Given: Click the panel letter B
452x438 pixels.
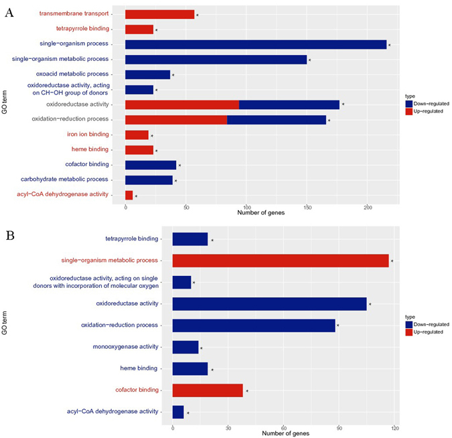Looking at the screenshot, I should [x=9, y=235].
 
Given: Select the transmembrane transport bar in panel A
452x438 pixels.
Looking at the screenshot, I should [x=159, y=14].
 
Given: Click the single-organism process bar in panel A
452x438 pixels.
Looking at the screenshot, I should [x=256, y=44].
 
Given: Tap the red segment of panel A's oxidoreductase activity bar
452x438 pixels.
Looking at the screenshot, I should [x=181, y=104].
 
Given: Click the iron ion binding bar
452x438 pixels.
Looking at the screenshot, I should [x=137, y=135].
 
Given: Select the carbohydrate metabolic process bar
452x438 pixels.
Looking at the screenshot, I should [x=149, y=179].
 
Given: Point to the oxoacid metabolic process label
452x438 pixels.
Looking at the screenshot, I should [x=74, y=74].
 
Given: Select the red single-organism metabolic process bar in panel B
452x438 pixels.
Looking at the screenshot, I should [x=281, y=261].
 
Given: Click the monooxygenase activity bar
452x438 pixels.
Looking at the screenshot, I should [x=185, y=346].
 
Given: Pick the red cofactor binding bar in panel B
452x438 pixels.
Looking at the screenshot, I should [x=208, y=389].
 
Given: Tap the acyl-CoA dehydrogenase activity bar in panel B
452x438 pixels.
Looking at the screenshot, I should [x=178, y=411].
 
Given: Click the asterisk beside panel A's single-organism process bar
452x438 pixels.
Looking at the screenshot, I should [x=389, y=46].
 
